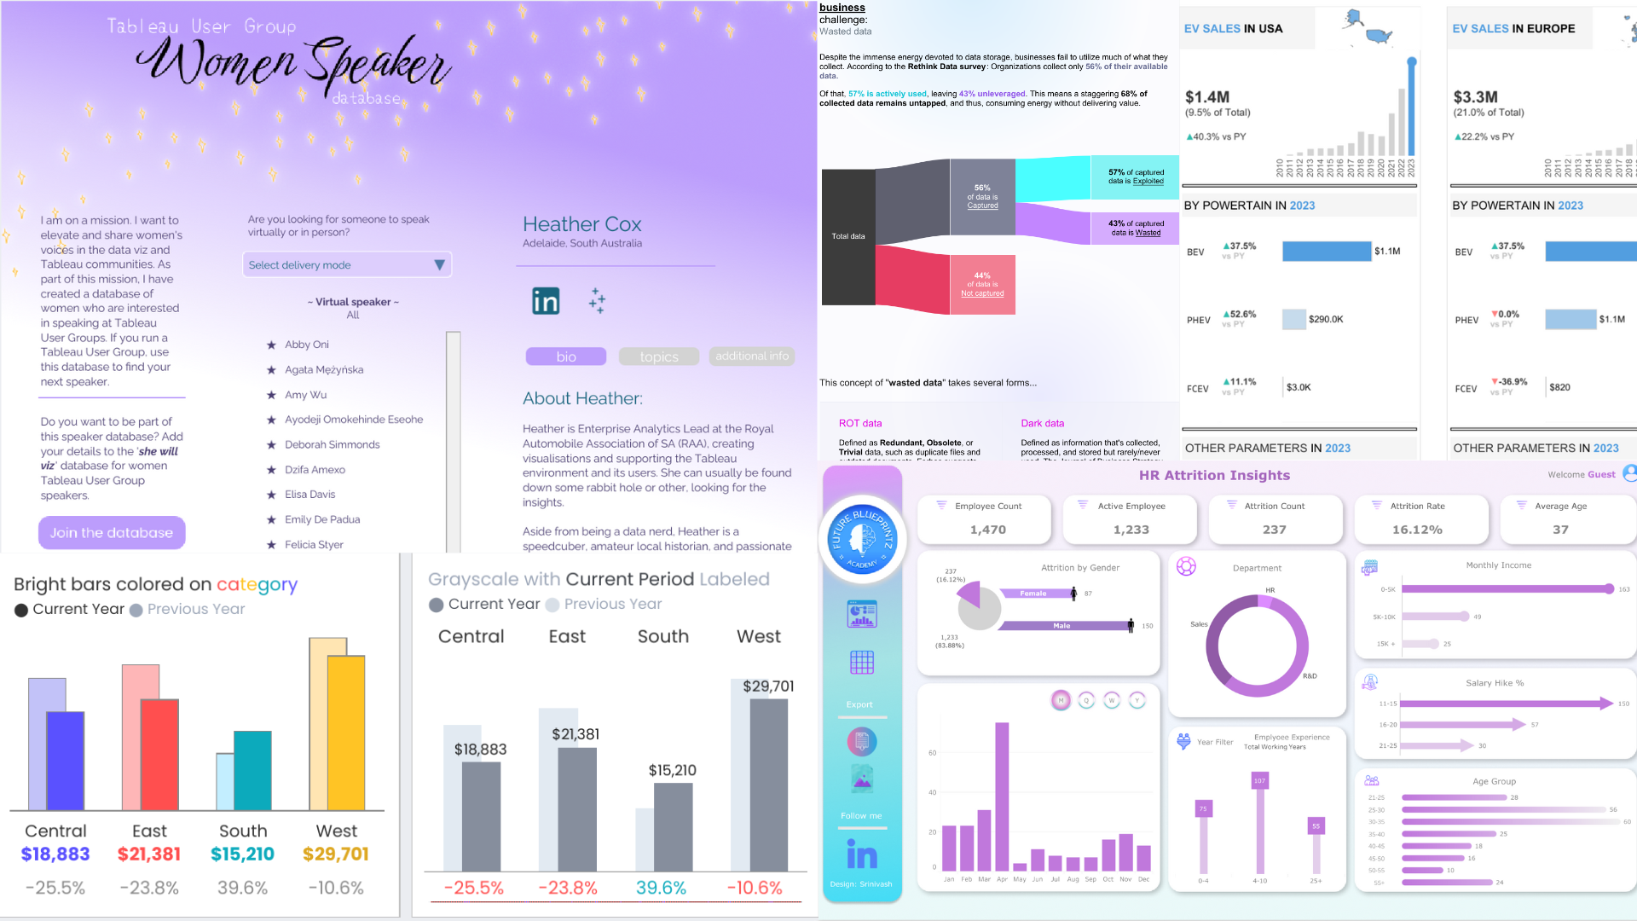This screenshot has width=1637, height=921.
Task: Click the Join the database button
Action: (x=112, y=533)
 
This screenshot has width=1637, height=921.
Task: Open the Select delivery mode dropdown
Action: (x=346, y=265)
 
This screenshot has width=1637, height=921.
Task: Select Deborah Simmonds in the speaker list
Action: (x=332, y=444)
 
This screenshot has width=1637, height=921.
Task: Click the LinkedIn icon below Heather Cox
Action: (x=546, y=301)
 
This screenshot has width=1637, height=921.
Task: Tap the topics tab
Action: (x=659, y=356)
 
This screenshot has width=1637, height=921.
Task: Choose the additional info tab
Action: (x=751, y=356)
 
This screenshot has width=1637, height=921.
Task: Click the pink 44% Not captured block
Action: (x=982, y=285)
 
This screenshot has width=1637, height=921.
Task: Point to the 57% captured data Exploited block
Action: (x=1135, y=177)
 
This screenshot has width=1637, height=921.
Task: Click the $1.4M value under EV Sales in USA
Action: (x=1207, y=97)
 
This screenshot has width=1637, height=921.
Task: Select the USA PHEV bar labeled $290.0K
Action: (x=1293, y=319)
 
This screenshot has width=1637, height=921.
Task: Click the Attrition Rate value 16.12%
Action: (x=1417, y=530)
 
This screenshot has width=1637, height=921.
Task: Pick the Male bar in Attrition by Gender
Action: (x=1063, y=626)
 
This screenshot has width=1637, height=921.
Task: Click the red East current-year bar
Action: (x=159, y=755)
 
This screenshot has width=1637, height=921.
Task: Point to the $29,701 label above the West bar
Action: (x=768, y=686)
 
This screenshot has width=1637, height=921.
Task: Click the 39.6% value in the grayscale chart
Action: (x=661, y=888)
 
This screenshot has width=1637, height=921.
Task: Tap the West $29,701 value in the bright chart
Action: (x=336, y=854)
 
